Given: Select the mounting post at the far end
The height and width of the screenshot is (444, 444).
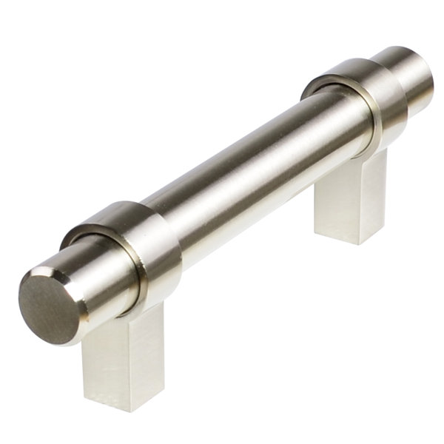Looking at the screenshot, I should click(351, 200).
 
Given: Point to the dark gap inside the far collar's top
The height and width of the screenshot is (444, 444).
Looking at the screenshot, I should click(326, 87).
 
